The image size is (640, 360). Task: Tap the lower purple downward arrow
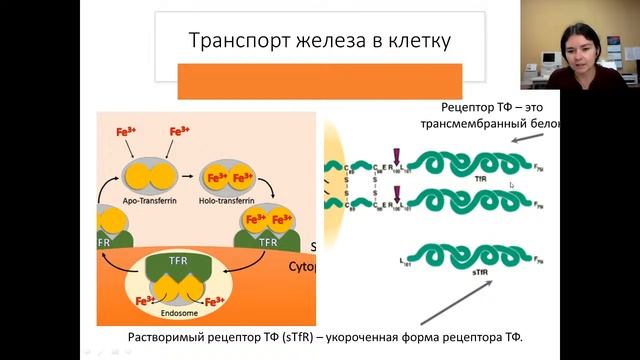pyautogui.click(x=398, y=196)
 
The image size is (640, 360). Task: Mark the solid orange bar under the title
pyautogui.click(x=319, y=81)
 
